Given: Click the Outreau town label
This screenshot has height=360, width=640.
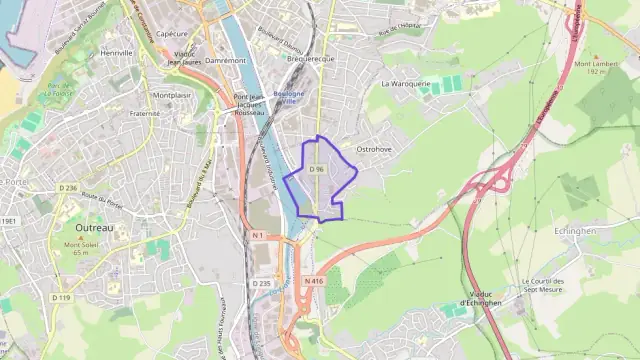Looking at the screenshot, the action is click(x=95, y=228).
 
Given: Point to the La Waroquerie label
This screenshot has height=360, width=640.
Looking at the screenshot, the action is click(x=405, y=84).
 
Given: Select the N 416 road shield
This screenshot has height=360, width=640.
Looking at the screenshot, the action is click(x=314, y=281).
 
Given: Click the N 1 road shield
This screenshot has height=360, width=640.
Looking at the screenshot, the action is click(x=257, y=235).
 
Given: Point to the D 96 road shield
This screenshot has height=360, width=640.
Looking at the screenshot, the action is click(x=317, y=170).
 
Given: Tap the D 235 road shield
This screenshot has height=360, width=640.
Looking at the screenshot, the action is click(x=261, y=283).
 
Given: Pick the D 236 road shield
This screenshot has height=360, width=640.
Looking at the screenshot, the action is click(x=68, y=187).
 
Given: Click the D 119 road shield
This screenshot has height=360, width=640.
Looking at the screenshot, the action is click(x=63, y=297).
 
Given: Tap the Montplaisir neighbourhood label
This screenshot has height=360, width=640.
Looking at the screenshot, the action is click(x=172, y=95).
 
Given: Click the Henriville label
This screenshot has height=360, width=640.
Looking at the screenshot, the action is click(x=117, y=52).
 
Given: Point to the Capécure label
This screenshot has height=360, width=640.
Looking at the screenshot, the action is click(x=172, y=33).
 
